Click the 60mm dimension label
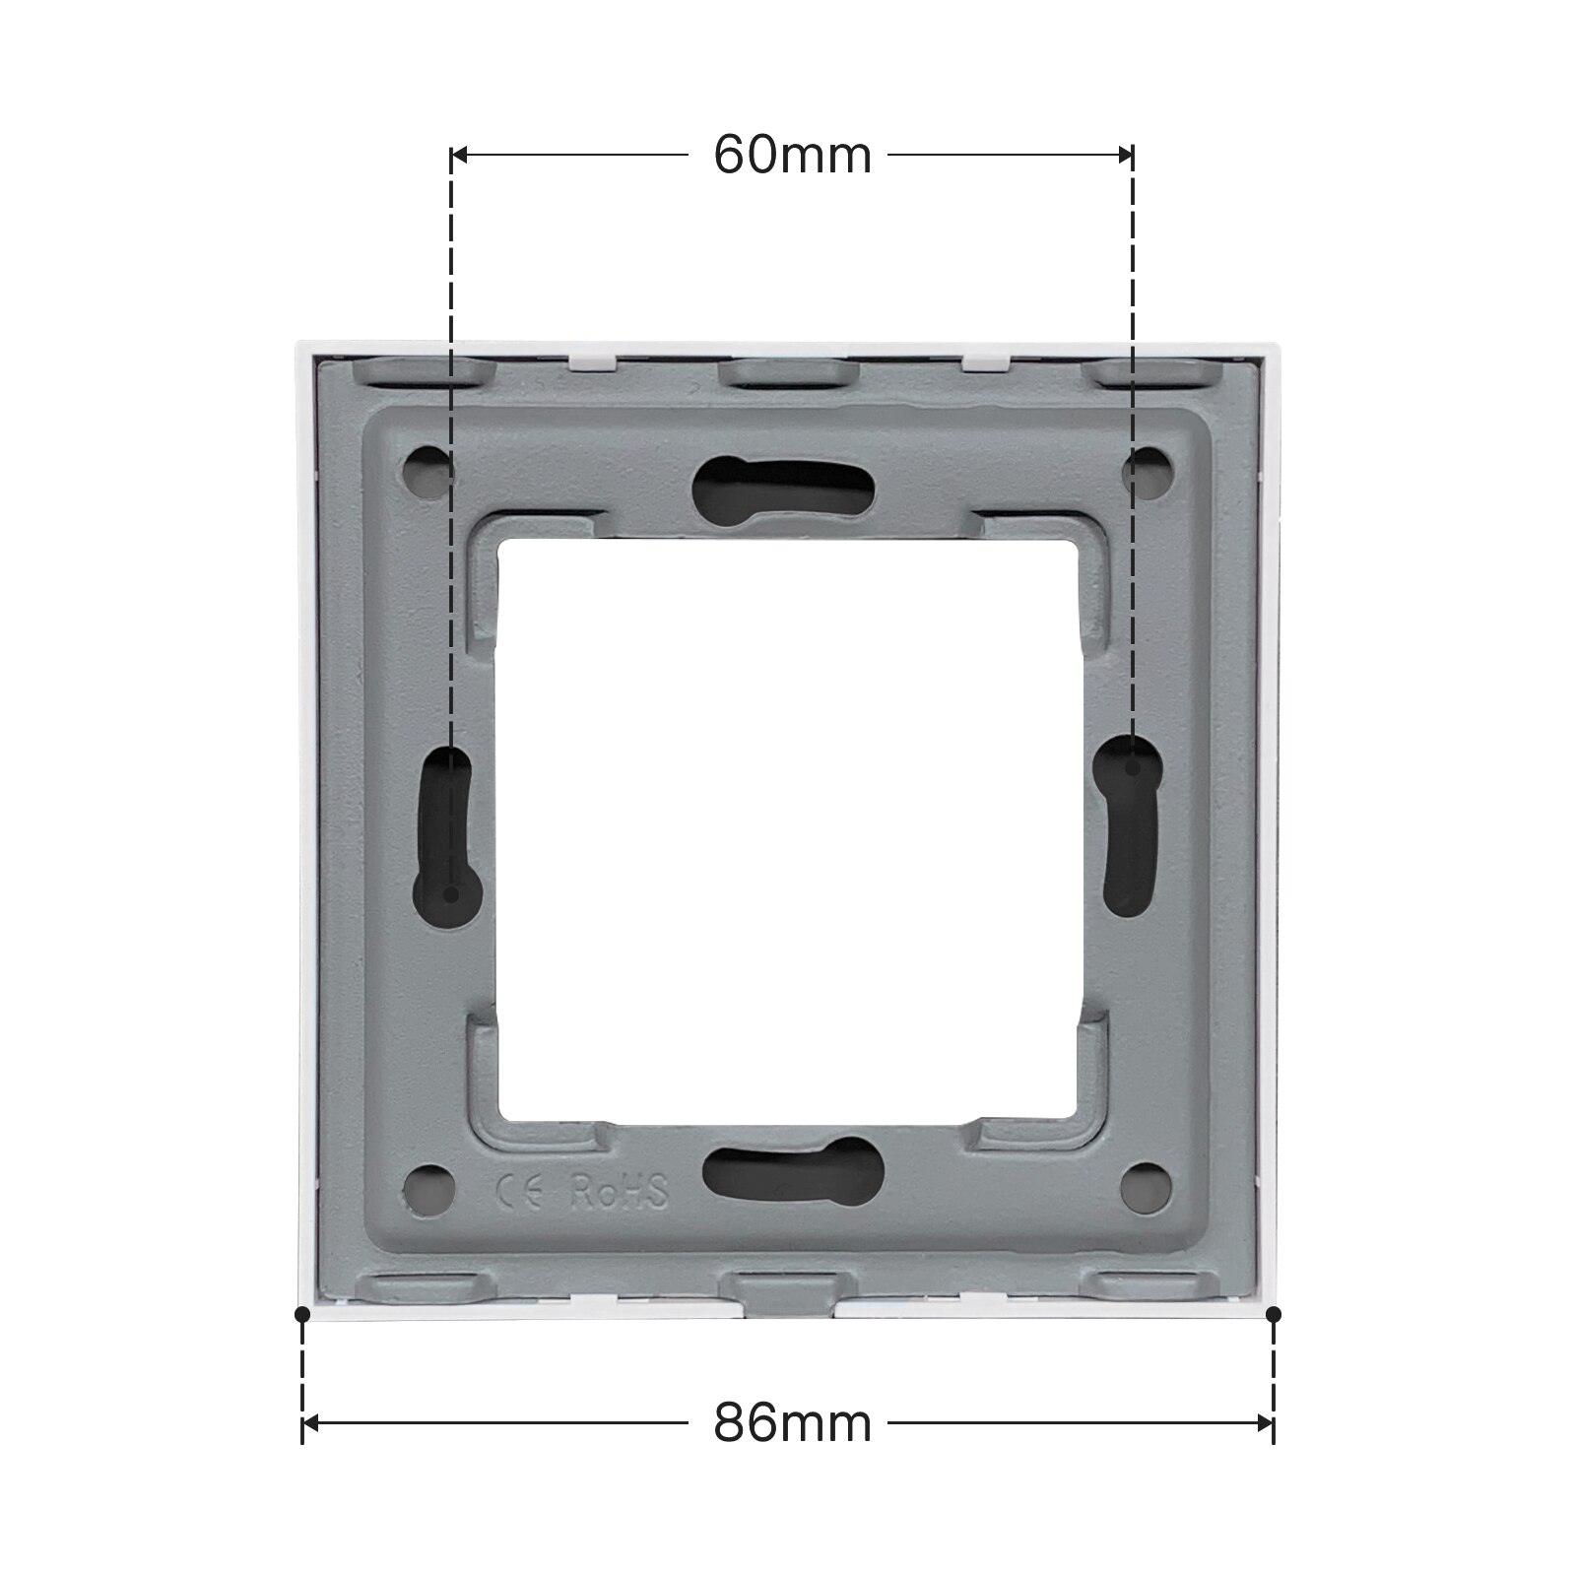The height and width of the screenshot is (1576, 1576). tap(792, 155)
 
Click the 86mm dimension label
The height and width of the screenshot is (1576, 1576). tap(792, 1422)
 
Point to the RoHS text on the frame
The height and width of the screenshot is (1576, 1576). tap(621, 1191)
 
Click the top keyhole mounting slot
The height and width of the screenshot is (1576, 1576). tap(784, 482)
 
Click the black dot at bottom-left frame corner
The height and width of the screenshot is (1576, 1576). tap(302, 1314)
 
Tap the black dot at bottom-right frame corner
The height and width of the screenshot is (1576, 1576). tap(1273, 1314)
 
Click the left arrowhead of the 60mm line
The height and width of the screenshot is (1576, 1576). tap(459, 155)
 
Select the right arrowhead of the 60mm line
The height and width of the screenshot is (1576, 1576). tap(1126, 155)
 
